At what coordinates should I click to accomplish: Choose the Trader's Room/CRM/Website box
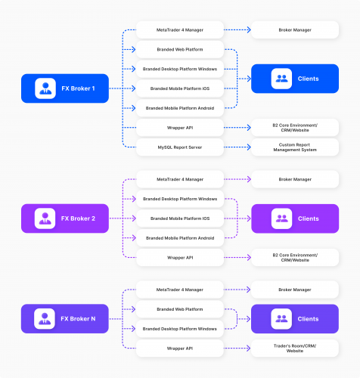[x=294, y=349]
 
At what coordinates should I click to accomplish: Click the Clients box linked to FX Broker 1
[x=294, y=79]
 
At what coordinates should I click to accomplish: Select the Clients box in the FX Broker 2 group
[x=294, y=218]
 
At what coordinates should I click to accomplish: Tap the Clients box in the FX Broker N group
[x=294, y=318]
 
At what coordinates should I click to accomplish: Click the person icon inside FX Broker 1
[x=45, y=88]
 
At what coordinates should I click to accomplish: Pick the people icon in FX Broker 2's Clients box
[x=281, y=218]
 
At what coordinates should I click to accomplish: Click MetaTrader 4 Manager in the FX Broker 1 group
[x=179, y=31]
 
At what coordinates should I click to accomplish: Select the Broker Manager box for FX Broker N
[x=294, y=290]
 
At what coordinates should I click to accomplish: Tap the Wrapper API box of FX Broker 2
[x=179, y=257]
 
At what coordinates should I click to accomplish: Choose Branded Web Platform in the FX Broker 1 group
[x=179, y=50]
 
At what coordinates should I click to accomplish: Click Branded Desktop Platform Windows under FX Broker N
[x=179, y=328]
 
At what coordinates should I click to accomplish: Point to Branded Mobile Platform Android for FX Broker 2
[x=179, y=238]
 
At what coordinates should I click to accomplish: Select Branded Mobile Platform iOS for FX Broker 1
[x=179, y=88]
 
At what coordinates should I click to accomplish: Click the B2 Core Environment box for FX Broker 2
[x=294, y=257]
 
